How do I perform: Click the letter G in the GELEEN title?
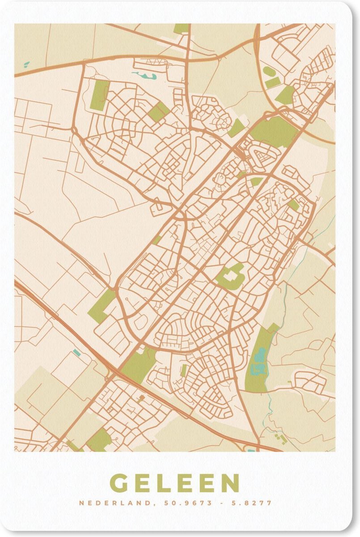tap(119, 483)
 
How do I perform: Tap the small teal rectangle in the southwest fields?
tap(77, 353)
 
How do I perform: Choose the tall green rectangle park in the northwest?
tap(99, 95)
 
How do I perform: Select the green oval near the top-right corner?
tap(269, 71)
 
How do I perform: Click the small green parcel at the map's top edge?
tap(181, 28)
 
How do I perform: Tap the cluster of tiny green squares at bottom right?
tap(280, 437)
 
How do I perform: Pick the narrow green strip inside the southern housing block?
tap(184, 370)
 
